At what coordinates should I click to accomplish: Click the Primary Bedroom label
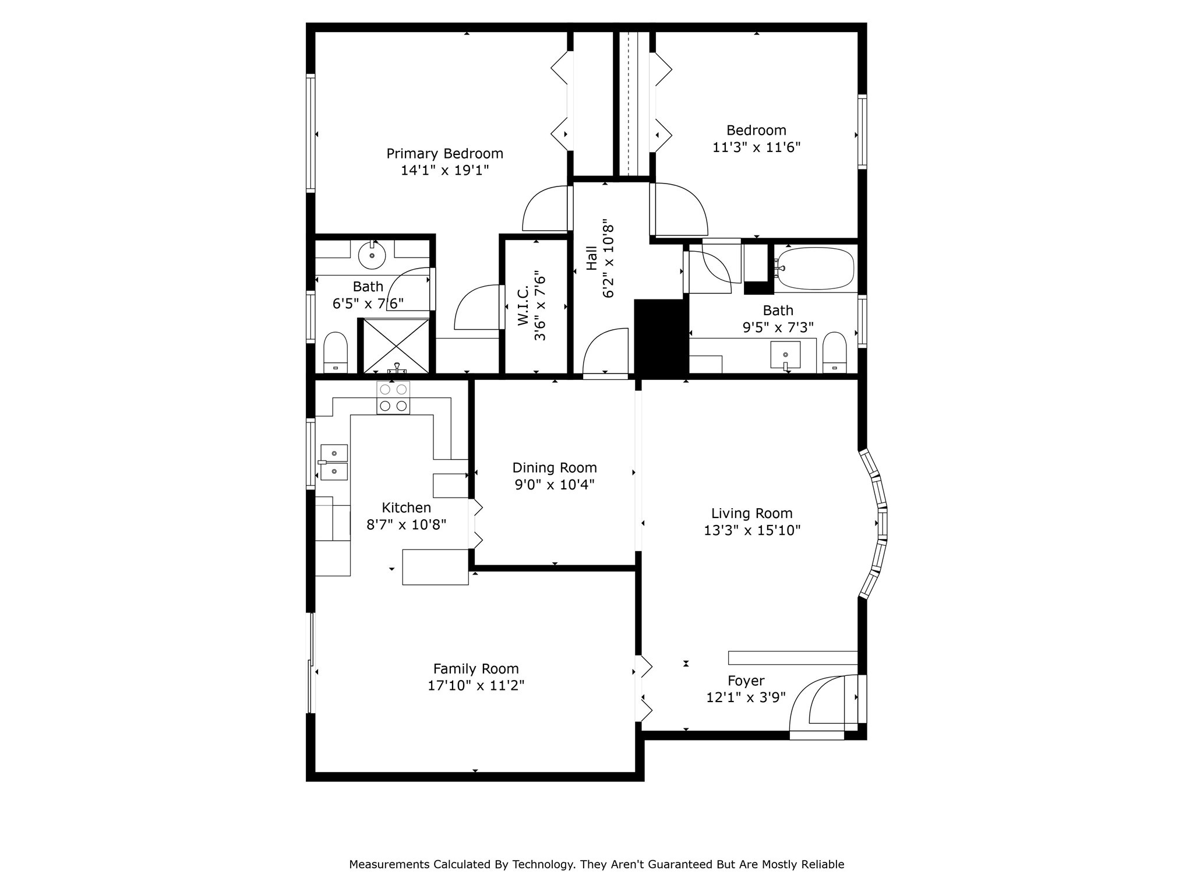(x=445, y=154)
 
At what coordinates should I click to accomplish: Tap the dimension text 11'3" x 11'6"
(x=756, y=147)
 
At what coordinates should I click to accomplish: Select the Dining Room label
(x=555, y=468)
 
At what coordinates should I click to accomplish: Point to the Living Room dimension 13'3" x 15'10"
(x=752, y=530)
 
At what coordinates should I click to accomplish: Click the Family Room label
(x=476, y=669)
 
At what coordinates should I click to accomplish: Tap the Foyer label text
(x=746, y=681)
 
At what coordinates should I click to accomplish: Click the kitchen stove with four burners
(x=393, y=398)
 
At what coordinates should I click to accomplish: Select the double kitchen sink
(x=334, y=463)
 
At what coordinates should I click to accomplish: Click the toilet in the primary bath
(x=335, y=353)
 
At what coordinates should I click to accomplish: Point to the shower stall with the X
(x=396, y=346)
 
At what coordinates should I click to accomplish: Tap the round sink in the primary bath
(x=372, y=255)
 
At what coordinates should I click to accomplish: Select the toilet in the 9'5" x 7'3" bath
(x=835, y=353)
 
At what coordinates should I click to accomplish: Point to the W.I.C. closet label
(x=523, y=305)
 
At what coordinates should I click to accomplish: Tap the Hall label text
(x=591, y=258)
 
